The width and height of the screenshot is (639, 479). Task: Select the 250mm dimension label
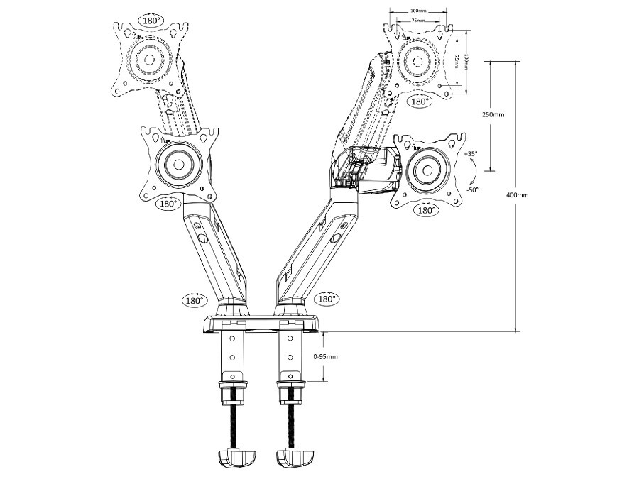(493, 114)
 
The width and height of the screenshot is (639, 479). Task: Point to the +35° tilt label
(470, 154)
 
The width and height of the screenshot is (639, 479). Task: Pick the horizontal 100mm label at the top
(418, 11)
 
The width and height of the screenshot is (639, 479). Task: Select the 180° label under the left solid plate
(168, 204)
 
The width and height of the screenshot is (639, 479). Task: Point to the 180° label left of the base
(194, 299)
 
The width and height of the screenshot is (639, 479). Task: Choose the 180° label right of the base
(326, 299)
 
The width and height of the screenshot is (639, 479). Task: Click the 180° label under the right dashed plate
(420, 101)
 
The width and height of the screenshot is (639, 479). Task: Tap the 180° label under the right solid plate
(427, 210)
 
